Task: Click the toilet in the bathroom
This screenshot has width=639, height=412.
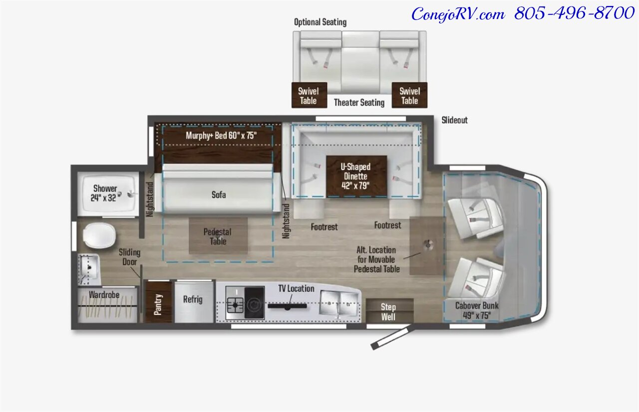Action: (x=99, y=235)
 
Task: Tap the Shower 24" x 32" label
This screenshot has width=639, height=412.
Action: (x=104, y=193)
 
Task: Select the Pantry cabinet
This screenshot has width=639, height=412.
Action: (x=158, y=303)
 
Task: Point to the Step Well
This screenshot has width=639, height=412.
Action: (x=389, y=311)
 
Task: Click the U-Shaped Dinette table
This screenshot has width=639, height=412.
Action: (x=356, y=176)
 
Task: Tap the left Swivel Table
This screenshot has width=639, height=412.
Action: (x=309, y=95)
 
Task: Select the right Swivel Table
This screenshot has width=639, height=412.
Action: (x=410, y=95)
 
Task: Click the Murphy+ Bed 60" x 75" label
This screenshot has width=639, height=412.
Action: (x=221, y=135)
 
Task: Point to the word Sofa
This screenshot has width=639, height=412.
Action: (x=219, y=195)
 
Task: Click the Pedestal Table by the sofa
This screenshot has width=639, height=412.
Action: (x=218, y=235)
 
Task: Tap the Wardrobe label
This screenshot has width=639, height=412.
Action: (x=104, y=295)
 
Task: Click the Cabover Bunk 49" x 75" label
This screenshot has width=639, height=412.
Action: (x=477, y=310)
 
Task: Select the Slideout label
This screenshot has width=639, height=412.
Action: (x=454, y=120)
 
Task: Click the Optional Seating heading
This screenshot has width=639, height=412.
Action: (x=320, y=22)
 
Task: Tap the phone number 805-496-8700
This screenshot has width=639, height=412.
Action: (x=574, y=13)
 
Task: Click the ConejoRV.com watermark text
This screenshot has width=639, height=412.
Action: (x=458, y=14)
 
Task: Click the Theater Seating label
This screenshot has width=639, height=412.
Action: (x=359, y=102)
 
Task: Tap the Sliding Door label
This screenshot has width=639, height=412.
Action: (x=129, y=257)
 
